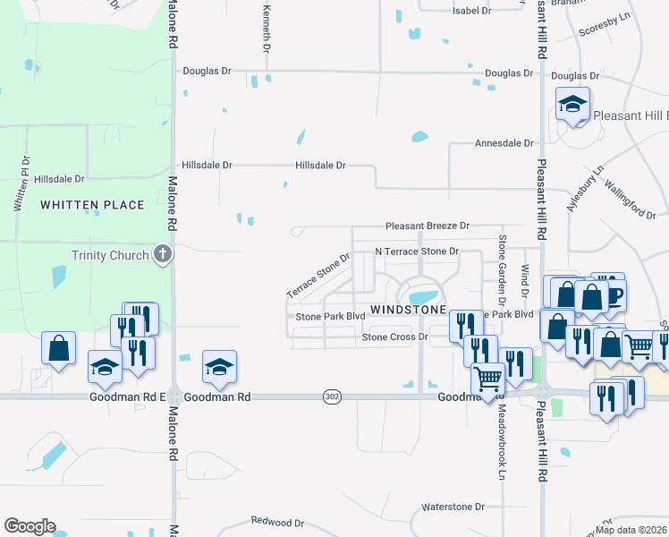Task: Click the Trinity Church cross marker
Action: coord(162,255)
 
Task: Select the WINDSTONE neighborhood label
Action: coord(408,309)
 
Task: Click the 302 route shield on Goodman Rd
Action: coord(331,396)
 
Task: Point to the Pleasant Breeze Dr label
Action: coord(427,226)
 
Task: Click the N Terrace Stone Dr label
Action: coord(416,252)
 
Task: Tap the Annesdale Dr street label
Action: coord(504,143)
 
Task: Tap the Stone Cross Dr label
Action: coord(395,337)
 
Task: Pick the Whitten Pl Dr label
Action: coord(21,183)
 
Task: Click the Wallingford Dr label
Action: coord(630,199)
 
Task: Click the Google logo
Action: coord(30,526)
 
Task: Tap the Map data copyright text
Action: coord(631,530)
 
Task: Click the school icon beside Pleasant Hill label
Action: coord(572,106)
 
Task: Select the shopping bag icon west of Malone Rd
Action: coord(58,348)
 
